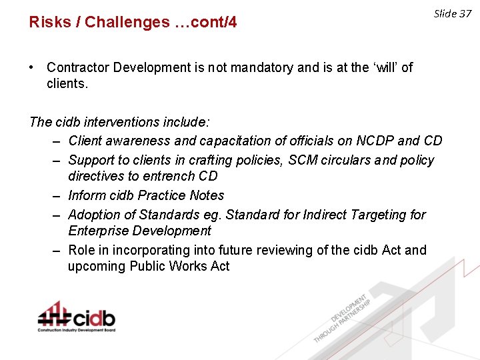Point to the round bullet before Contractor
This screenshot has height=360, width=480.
32,67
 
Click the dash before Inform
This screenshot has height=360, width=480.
56,195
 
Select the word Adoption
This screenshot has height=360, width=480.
94,215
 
